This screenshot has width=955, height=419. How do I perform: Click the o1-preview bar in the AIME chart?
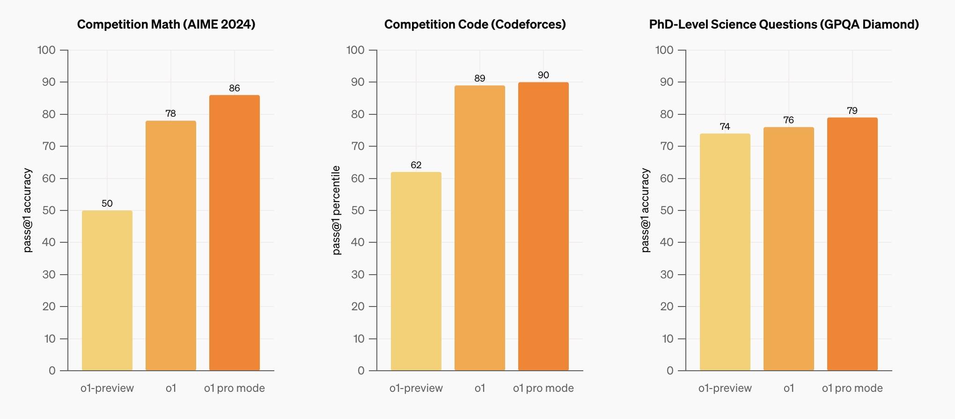coord(107,291)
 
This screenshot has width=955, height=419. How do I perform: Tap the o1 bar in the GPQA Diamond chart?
coord(789,249)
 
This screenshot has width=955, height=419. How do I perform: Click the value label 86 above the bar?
coord(235,88)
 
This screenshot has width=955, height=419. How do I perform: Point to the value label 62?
coord(416,165)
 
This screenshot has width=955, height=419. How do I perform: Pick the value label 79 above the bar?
coord(852,111)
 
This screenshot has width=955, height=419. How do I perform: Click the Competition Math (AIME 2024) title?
coord(166,24)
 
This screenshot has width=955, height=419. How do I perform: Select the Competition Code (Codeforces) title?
coord(475,24)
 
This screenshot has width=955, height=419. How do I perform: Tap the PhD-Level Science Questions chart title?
coord(784,24)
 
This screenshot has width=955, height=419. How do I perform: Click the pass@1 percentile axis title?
coord(336,210)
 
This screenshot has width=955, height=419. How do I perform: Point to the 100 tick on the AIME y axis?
coord(46,50)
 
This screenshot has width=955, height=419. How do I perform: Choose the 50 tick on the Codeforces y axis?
coord(358,210)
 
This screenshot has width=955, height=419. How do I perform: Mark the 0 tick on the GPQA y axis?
coord(670,371)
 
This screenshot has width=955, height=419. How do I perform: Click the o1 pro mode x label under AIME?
coord(235,388)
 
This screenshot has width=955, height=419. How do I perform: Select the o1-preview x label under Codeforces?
coord(416,388)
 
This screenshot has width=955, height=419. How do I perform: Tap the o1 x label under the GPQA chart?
coord(789,388)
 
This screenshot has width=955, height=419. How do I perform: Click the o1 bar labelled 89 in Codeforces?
coord(480,228)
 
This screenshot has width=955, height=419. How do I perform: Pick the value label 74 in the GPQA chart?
coord(725,127)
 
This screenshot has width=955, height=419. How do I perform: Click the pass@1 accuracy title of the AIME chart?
coord(28,210)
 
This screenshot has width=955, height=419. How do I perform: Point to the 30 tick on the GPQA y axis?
coord(667,275)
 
